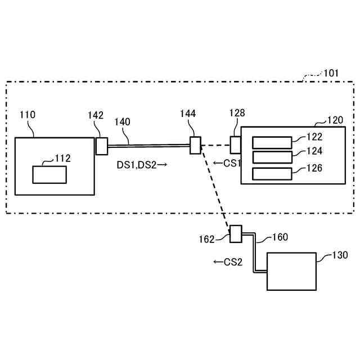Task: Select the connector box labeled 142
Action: [x=101, y=146]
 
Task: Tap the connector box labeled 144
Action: [x=195, y=145]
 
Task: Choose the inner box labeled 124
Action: [x=272, y=157]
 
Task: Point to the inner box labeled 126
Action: [x=272, y=174]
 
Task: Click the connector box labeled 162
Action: [x=235, y=233]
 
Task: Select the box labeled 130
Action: [x=291, y=271]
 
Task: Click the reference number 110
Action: [x=27, y=115]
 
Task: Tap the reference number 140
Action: [x=122, y=121]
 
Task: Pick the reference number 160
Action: [x=280, y=237]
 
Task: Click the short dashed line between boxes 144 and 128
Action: [x=215, y=145]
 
